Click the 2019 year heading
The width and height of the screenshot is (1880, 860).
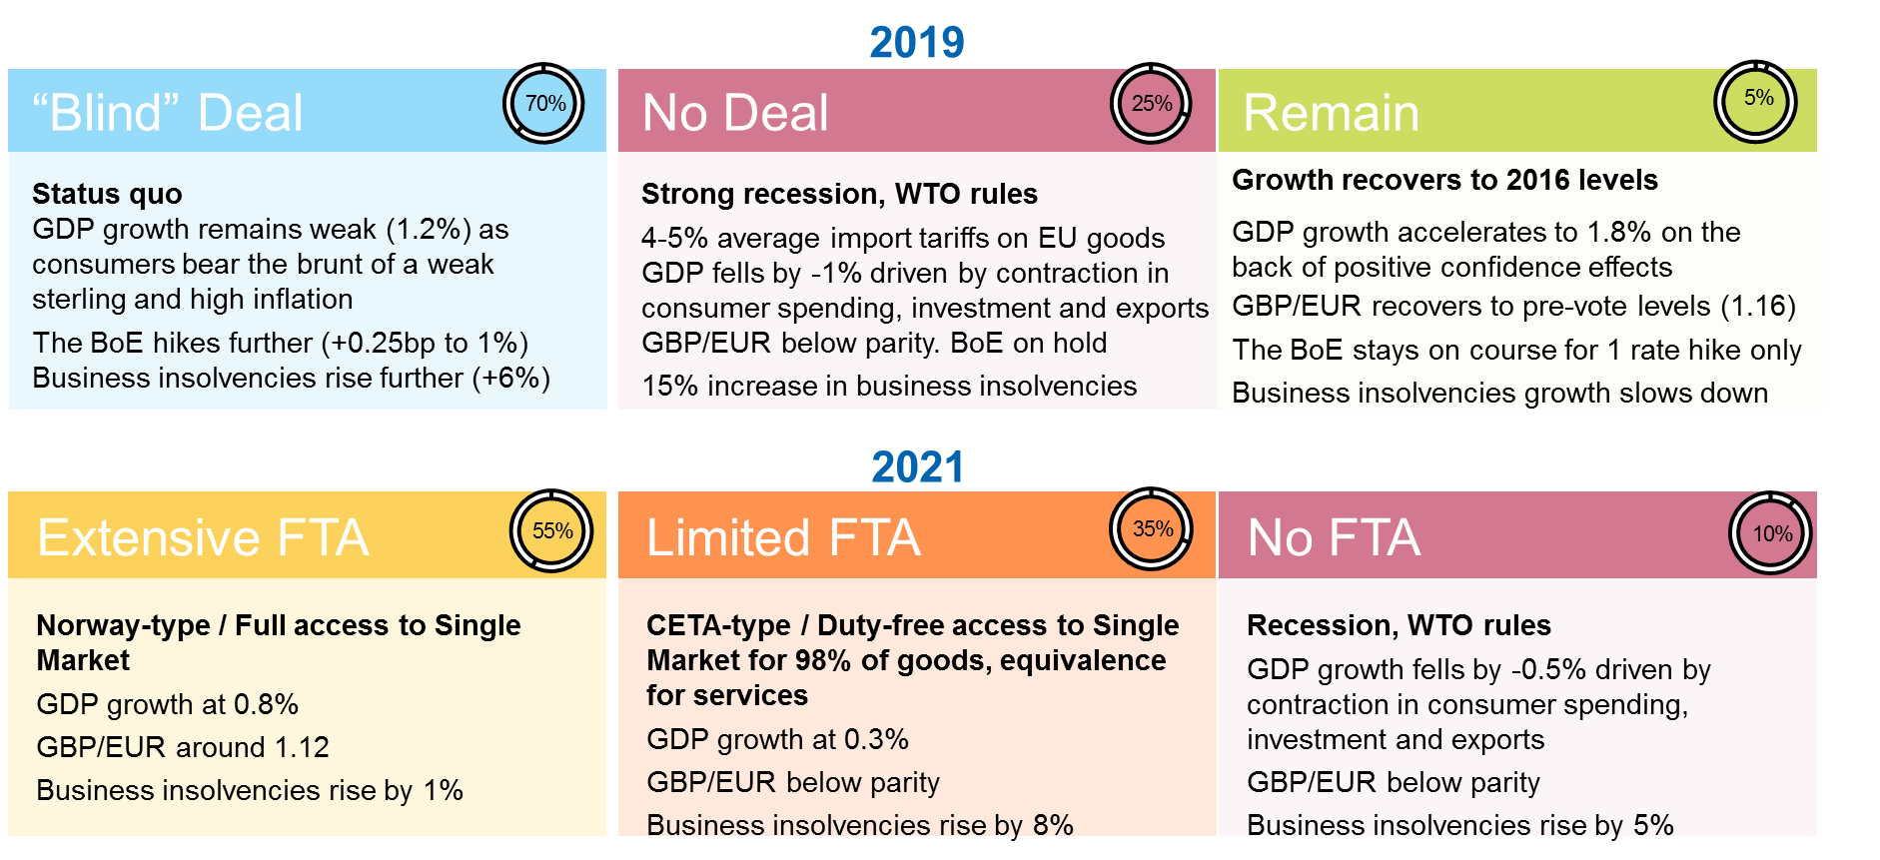(916, 42)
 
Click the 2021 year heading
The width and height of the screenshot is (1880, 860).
(917, 467)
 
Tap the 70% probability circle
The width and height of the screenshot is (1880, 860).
(544, 104)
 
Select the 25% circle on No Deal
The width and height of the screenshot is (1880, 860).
(1151, 104)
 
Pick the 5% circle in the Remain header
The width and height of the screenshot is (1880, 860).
(1757, 100)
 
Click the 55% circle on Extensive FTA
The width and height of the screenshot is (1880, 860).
(551, 531)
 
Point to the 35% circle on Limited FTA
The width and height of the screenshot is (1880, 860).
(1152, 529)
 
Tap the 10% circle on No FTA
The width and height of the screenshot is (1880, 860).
(1771, 533)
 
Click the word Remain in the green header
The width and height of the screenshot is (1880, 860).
(1331, 113)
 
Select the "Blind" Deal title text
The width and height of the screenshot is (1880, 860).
(168, 113)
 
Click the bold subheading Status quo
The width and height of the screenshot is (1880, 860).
(107, 194)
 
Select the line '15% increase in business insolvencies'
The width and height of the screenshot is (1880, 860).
(889, 386)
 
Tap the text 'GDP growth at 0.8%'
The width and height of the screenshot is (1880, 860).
(167, 704)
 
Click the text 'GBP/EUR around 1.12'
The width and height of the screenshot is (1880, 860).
(183, 747)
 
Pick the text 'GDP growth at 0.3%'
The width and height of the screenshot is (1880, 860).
(777, 739)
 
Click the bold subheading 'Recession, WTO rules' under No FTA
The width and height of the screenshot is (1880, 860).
(1399, 625)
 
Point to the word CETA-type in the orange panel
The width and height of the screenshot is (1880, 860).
(718, 625)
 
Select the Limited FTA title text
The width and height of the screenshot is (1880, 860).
(783, 538)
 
